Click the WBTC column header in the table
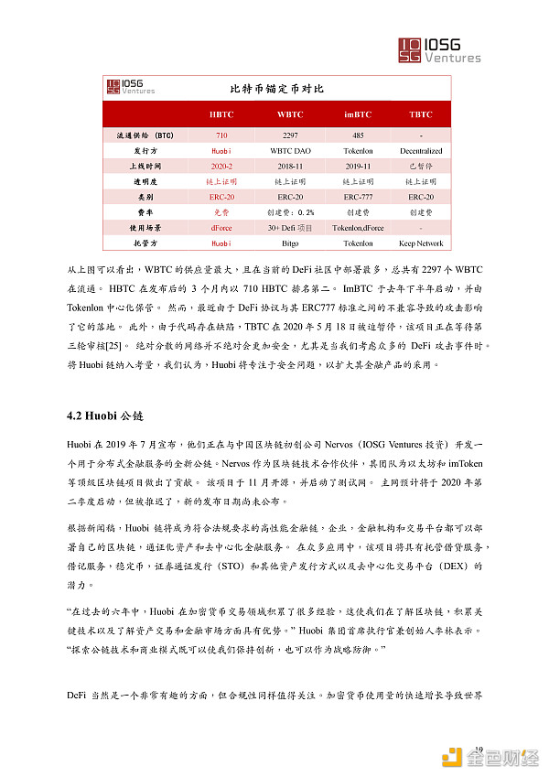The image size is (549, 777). click(290, 114)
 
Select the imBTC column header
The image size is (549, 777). click(357, 114)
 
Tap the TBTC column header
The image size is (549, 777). click(421, 114)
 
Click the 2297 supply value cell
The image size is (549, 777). click(290, 135)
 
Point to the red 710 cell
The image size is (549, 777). click(221, 135)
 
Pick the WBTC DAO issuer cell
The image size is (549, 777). click(290, 150)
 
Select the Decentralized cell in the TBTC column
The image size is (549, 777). click(421, 150)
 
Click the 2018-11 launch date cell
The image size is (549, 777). click(290, 167)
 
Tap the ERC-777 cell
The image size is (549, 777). click(357, 197)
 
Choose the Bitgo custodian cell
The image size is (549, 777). click(290, 243)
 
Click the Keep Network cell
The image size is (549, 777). click(421, 243)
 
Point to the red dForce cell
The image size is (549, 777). click(221, 228)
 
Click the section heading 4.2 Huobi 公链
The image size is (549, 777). click(106, 415)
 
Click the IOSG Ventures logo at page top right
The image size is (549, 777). click(439, 50)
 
